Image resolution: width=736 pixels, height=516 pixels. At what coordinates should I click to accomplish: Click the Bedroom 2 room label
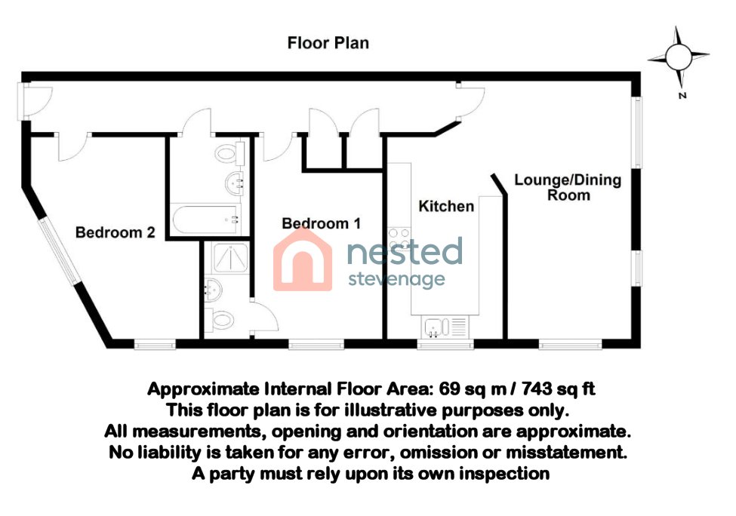coord(115,233)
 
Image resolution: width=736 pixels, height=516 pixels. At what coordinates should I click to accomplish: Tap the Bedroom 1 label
coord(321,224)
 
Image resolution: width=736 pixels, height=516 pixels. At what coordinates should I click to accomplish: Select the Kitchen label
coord(446,206)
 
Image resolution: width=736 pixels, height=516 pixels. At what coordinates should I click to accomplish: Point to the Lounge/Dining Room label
coord(568,187)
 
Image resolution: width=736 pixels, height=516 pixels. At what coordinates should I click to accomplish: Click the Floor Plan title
coord(328,43)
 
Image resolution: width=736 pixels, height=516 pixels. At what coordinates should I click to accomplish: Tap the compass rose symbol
coord(678,57)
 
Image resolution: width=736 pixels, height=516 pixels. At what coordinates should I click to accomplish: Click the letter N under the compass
coord(681,96)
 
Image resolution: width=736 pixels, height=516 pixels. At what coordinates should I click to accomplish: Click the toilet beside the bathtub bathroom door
coord(227,155)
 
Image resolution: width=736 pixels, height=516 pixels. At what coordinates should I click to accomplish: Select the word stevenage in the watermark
coord(396,280)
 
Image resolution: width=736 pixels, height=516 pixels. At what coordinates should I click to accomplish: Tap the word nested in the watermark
coord(404,252)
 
